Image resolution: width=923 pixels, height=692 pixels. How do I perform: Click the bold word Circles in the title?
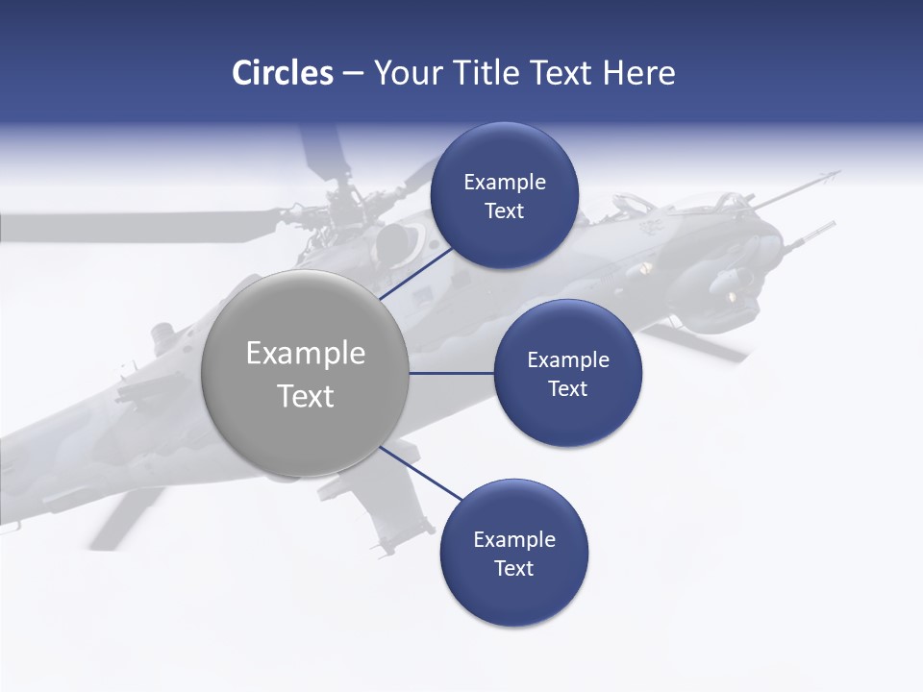coord(283,73)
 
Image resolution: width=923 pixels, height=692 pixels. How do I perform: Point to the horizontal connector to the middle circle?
coord(451,373)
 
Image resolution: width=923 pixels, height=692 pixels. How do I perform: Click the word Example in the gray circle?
coord(306,354)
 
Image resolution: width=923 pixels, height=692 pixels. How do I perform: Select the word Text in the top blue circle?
coord(505,211)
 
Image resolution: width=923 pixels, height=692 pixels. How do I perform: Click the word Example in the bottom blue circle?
coord(513,540)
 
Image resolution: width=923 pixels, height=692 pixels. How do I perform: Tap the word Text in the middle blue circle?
coord(567,388)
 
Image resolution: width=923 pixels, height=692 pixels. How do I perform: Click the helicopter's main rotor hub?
coord(351,207)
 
